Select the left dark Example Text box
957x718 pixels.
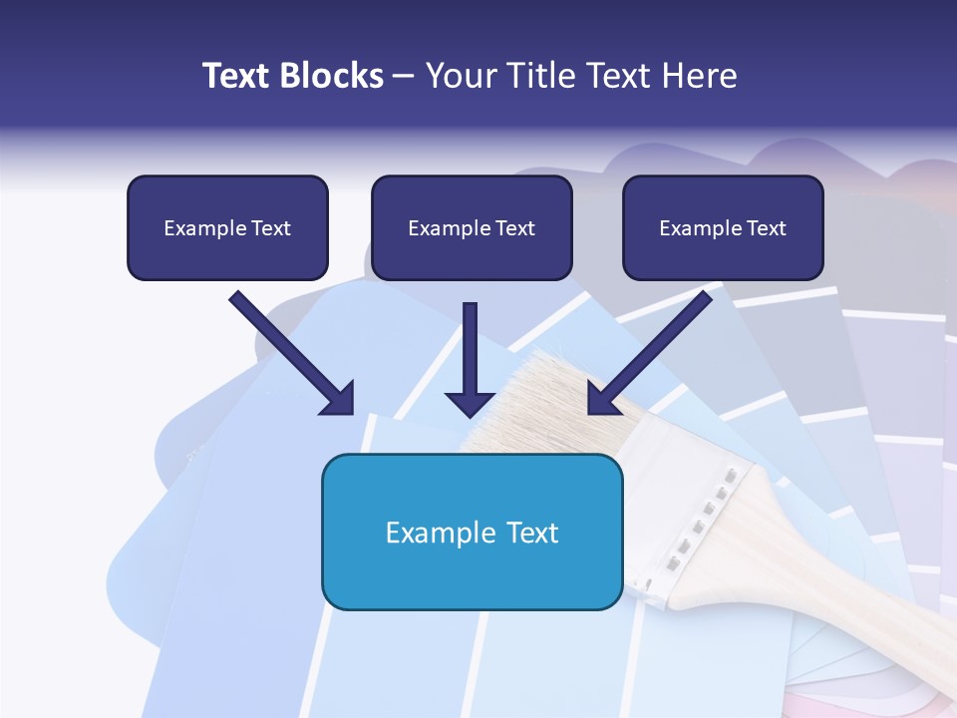(x=227, y=227)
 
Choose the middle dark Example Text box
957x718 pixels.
(x=472, y=227)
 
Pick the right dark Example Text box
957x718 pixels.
(x=723, y=227)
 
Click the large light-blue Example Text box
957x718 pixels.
(x=472, y=532)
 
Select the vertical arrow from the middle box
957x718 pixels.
(x=471, y=359)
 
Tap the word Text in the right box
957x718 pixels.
(x=767, y=228)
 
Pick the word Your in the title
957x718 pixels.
(x=455, y=76)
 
